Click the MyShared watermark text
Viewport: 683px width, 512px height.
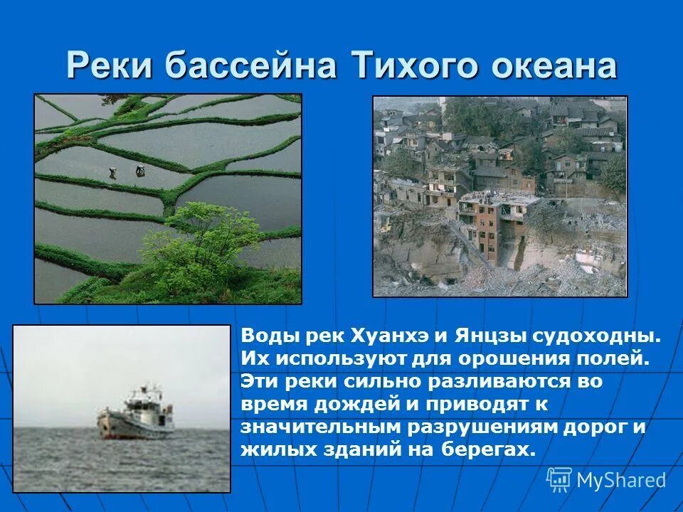tap(620, 480)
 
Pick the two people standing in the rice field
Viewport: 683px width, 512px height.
tap(125, 171)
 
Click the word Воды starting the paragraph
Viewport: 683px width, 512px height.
tap(267, 335)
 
